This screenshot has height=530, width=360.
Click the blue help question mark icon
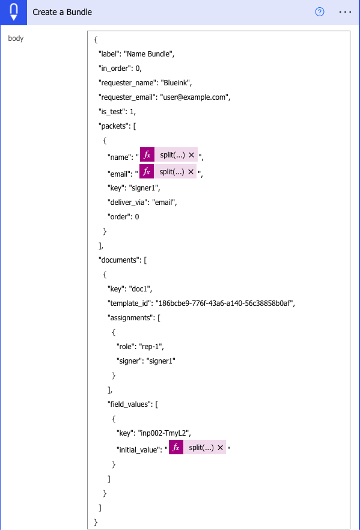pyautogui.click(x=320, y=12)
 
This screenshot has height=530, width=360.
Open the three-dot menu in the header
pyautogui.click(x=345, y=12)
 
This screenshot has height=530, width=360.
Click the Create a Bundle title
pyautogui.click(x=62, y=12)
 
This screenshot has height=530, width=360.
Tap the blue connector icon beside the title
pyautogui.click(x=13, y=12)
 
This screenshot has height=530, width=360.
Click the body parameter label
pyautogui.click(x=16, y=38)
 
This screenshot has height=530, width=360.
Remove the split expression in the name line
pyautogui.click(x=191, y=155)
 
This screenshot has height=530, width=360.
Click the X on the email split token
pyautogui.click(x=191, y=172)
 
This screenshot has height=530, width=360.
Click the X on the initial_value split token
pyautogui.click(x=220, y=448)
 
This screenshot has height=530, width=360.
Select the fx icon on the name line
pyautogui.click(x=147, y=155)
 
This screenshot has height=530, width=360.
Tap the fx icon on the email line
pyautogui.click(x=147, y=172)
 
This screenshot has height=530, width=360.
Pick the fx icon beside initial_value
pyautogui.click(x=176, y=448)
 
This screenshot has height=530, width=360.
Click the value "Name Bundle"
pyautogui.click(x=148, y=54)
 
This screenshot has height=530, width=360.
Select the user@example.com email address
pyautogui.click(x=194, y=97)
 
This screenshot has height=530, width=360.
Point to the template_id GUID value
pyautogui.click(x=224, y=303)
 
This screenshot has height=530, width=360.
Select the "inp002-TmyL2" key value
pyautogui.click(x=163, y=433)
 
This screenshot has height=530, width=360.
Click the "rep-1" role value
pyautogui.click(x=150, y=347)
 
